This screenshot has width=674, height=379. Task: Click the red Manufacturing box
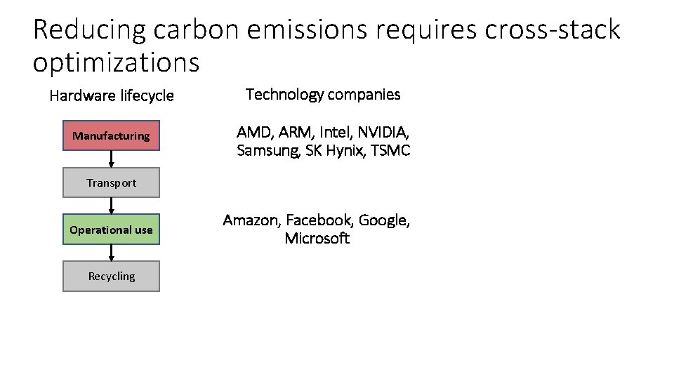(111, 135)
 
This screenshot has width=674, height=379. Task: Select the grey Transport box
(111, 182)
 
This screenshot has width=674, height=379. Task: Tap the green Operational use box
(111, 230)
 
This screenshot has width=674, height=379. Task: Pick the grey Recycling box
(111, 276)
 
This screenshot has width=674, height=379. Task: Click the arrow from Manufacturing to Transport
(111, 159)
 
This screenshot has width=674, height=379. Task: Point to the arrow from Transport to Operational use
(111, 206)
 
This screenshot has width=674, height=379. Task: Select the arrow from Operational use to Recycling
(111, 253)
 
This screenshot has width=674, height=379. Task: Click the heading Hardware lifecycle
(111, 95)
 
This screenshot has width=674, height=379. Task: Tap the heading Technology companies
(323, 94)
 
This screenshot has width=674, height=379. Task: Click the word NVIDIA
(384, 132)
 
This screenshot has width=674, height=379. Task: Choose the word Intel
(337, 132)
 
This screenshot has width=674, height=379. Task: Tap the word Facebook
(320, 220)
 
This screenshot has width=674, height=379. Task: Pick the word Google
(383, 220)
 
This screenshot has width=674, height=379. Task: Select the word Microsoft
(317, 239)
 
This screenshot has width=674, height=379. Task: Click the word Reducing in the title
(88, 30)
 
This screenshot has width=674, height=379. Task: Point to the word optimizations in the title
(116, 62)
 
